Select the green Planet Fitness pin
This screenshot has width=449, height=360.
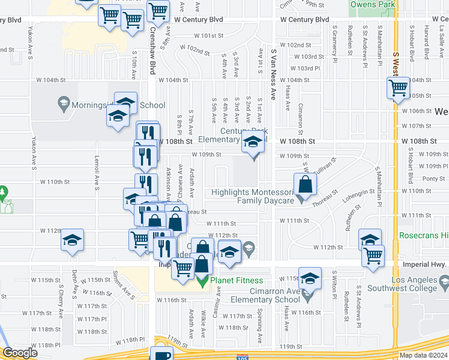coord(204,280)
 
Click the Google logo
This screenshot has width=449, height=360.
coord(20,353)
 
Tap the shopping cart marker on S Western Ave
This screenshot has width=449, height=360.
coord(398,89)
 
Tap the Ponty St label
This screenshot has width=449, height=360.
coord(433,179)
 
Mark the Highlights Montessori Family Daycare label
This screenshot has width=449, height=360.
coord(255,196)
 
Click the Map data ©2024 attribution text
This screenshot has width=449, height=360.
coord(423,355)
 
